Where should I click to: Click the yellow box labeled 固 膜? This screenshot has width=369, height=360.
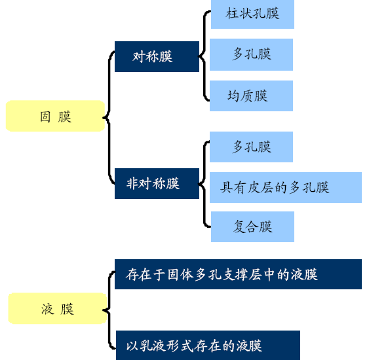point(55,116)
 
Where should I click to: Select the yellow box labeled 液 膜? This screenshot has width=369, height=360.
point(58,308)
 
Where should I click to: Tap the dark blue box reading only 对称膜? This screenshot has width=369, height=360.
point(157,57)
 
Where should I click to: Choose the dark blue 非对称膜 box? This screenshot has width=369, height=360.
point(157,183)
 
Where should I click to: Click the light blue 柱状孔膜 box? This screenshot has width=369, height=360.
point(252,14)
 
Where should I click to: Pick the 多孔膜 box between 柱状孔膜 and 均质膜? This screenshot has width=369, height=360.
point(251,54)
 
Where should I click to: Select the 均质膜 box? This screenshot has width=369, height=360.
point(251,96)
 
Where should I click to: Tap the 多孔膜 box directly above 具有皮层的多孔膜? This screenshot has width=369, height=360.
point(251,147)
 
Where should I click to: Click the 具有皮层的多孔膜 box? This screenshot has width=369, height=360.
point(286,187)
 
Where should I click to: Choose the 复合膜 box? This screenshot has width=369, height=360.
point(252,226)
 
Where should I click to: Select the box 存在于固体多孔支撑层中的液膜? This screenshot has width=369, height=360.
point(238,274)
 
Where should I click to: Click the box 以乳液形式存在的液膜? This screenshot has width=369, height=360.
point(208,345)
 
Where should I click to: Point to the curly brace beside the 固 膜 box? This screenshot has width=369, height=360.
point(109,118)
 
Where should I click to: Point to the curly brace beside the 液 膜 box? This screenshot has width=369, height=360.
point(109,310)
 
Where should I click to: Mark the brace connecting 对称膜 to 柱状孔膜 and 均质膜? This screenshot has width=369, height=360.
point(204,56)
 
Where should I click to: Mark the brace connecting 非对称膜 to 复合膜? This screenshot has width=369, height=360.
point(204,184)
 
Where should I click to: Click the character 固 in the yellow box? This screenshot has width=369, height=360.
point(45,117)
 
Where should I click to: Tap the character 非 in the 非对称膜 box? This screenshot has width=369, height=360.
point(132,183)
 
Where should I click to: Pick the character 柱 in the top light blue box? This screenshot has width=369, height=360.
point(231,13)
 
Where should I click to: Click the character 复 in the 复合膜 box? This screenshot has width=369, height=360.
point(239,226)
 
